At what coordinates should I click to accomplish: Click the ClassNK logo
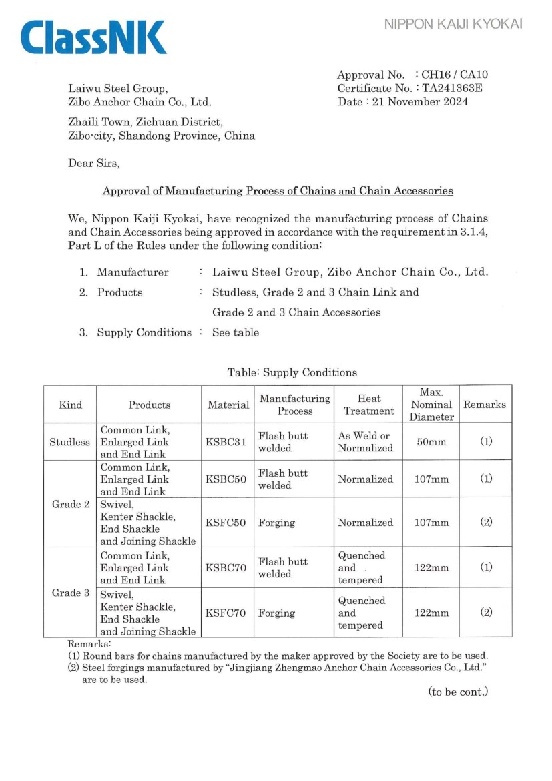pos(93,37)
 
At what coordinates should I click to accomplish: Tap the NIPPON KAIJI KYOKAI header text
pos(453,25)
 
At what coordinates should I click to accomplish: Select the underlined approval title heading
pos(278,191)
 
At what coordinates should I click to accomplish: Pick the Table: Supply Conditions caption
pos(292,372)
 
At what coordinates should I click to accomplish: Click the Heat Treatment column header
pos(368,405)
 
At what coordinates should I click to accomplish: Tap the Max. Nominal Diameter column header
pos(431,404)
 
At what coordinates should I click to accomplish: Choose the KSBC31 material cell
pos(227,442)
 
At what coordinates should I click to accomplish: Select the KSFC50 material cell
pos(227,523)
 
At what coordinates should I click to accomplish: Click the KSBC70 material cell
pos(227,568)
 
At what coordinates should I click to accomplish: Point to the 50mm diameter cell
pos(431,442)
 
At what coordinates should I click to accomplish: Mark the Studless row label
pos(69,442)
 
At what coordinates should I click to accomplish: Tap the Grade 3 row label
pos(70,593)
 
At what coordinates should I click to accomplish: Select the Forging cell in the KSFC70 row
pos(276,613)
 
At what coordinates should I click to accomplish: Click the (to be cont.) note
pos(458,692)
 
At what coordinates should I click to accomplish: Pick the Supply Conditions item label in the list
pos(144,332)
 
